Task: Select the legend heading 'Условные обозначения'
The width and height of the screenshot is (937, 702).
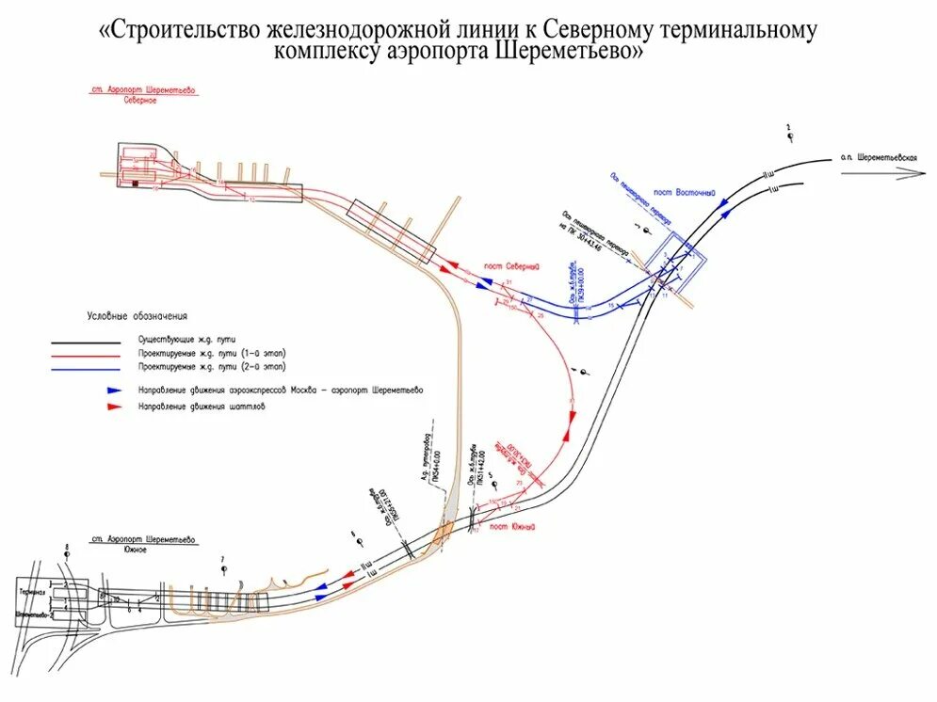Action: (137, 316)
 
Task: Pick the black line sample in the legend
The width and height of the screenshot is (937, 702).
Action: (86, 341)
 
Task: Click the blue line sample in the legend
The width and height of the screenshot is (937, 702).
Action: (86, 367)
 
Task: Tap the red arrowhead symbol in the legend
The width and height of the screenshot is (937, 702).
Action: (114, 407)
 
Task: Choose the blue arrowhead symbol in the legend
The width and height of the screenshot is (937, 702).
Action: (114, 389)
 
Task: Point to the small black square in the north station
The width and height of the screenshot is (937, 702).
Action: (136, 183)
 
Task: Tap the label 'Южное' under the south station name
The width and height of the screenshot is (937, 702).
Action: (132, 550)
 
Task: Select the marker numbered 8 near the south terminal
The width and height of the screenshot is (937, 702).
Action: (67, 550)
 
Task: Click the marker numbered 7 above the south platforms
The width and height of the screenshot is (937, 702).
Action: (223, 567)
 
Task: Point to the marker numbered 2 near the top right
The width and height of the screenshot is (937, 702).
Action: (790, 135)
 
